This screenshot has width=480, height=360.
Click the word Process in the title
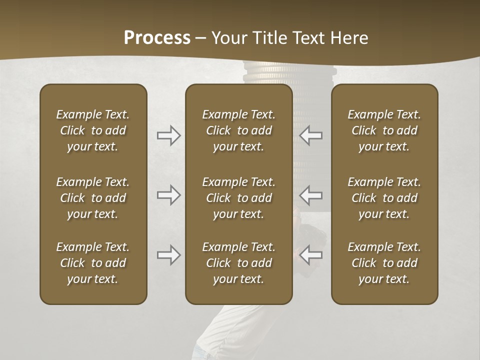point(157,38)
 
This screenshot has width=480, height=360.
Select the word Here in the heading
point(348,38)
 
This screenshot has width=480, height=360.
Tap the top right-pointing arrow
point(168,135)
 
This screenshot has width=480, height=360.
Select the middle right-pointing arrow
point(168,195)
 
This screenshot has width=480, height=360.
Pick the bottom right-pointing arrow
point(168,255)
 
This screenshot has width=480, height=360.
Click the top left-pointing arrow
point(311,135)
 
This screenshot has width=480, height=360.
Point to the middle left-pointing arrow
point(311,195)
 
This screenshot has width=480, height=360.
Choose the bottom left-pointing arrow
point(311,255)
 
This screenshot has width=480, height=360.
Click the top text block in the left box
point(93,130)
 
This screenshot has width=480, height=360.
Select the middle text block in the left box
point(93,198)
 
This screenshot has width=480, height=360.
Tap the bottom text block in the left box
point(93,263)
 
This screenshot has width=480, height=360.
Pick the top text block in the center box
point(239,130)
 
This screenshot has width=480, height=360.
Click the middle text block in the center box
point(239,198)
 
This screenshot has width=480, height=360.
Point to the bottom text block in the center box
point(239,263)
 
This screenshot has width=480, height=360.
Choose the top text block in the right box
point(384,130)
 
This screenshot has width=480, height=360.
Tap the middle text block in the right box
point(384,198)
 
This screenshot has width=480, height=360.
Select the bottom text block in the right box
point(384,263)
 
